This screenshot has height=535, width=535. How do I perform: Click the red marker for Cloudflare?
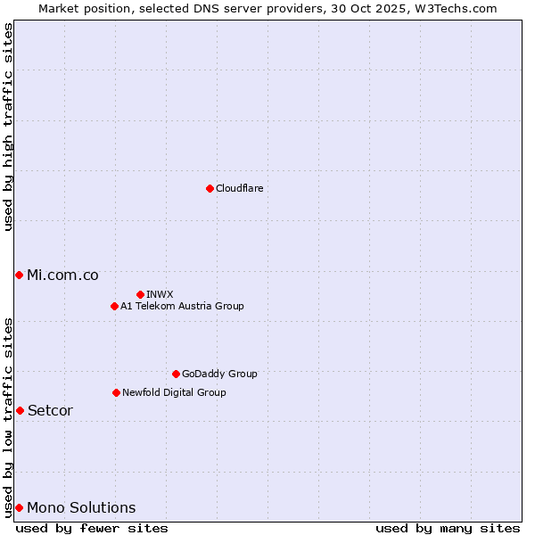(210, 188)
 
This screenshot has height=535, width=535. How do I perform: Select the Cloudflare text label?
(239, 189)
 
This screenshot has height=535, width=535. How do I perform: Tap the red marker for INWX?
(140, 294)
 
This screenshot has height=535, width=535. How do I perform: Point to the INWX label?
(160, 294)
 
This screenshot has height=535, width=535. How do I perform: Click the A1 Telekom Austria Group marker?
(114, 306)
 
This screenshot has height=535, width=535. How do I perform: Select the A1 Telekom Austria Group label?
(182, 307)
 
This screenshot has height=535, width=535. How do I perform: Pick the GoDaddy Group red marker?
(176, 374)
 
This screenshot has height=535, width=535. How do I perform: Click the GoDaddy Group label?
(219, 374)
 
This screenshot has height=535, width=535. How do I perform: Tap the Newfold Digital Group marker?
(116, 392)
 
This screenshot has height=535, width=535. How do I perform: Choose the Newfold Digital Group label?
(174, 393)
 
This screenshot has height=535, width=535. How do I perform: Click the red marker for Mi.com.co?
(19, 275)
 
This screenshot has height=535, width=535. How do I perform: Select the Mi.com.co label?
(62, 276)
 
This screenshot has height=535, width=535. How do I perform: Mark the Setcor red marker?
(20, 410)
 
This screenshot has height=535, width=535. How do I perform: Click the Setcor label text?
(50, 411)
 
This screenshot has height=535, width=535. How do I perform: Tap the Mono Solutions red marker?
(19, 507)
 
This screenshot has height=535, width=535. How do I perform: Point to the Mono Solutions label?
(81, 508)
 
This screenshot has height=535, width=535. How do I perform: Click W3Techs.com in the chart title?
(459, 8)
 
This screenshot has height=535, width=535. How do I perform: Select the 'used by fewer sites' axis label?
(92, 528)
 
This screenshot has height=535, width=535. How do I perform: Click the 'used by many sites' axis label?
(448, 528)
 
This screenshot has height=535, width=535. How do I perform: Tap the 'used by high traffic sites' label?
(8, 127)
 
